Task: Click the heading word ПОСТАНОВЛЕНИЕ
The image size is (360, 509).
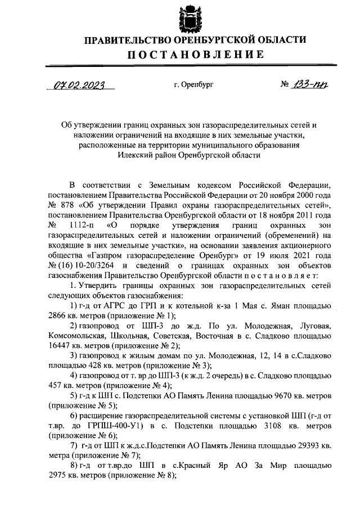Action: (x=194, y=55)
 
